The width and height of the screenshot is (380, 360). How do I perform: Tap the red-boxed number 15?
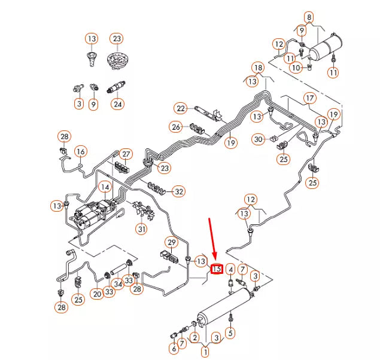(x=217, y=269)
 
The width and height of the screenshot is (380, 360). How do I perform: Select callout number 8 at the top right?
(x=309, y=17)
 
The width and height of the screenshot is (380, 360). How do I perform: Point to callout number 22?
(x=181, y=108)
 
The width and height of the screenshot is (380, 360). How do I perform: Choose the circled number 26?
(x=175, y=127)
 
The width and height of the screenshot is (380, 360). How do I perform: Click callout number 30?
(x=258, y=139)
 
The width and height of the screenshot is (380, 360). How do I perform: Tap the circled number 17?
(x=309, y=98)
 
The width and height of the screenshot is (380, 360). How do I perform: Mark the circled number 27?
(x=126, y=154)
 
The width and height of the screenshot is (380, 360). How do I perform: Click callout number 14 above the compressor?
(x=105, y=187)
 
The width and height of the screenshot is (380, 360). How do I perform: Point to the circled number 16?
(x=80, y=151)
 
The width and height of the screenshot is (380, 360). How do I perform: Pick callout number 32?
(x=179, y=191)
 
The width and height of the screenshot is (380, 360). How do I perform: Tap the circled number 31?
(x=141, y=229)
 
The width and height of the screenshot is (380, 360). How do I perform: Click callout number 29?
(x=172, y=242)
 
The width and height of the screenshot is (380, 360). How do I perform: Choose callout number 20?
(x=97, y=293)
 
